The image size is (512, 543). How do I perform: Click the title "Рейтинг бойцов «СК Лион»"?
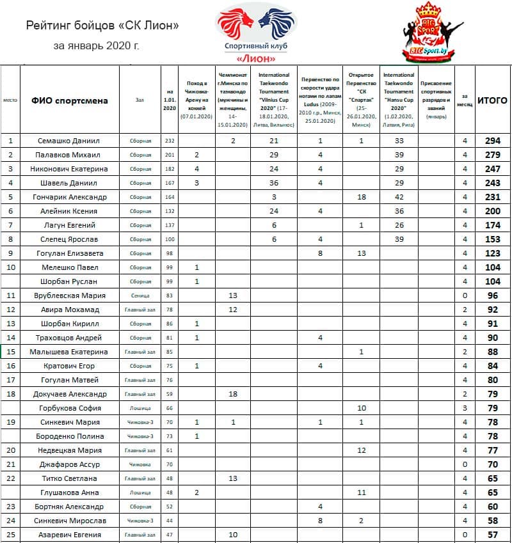[x=102, y=26]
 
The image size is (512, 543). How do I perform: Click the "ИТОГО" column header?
[x=493, y=100]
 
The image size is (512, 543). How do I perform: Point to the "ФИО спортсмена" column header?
[x=70, y=100]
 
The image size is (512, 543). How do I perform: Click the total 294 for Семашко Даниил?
[x=493, y=141]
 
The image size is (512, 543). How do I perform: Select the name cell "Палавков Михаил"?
[x=70, y=155]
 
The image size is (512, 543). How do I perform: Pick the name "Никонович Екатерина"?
[x=70, y=169]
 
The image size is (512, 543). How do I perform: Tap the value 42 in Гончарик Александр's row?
[x=399, y=197]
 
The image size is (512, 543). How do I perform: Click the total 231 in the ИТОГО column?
[x=493, y=197]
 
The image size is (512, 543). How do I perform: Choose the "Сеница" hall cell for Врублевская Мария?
[x=140, y=295]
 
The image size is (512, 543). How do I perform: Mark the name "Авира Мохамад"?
[x=70, y=310]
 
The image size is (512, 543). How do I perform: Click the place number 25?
[x=10, y=533]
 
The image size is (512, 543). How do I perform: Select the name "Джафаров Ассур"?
[x=70, y=464]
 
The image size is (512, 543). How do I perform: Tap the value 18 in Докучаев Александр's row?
[x=233, y=394]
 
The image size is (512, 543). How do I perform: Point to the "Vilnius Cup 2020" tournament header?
[x=274, y=100]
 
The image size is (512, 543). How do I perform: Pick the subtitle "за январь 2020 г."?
[x=96, y=46]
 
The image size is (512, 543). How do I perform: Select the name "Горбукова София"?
[x=70, y=408]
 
